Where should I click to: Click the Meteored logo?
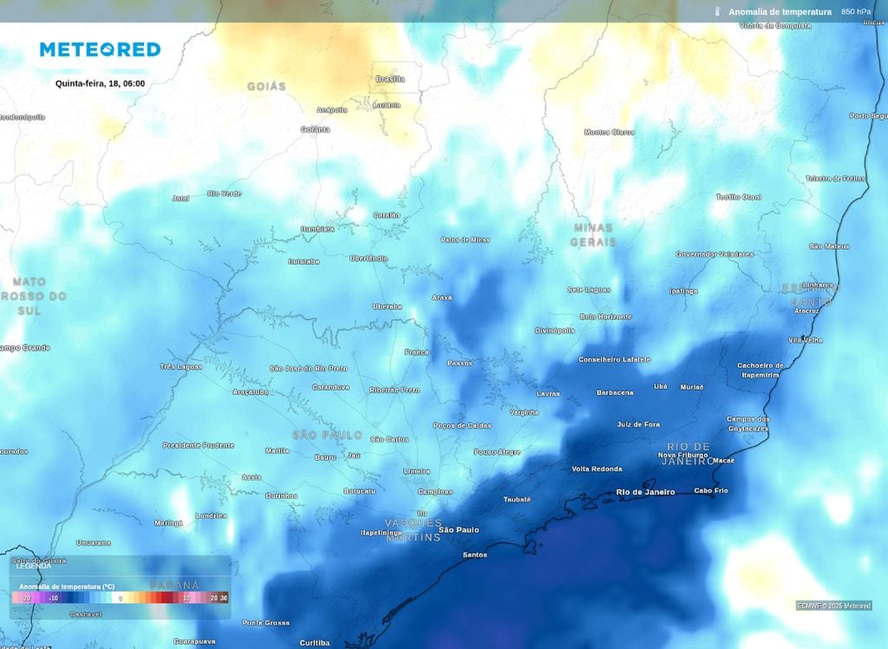[100, 49]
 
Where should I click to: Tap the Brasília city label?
[390, 79]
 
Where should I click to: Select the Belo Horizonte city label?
[605, 317]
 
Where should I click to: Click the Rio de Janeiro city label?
[645, 492]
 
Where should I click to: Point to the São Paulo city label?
[459, 529]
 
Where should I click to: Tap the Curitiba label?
[314, 642]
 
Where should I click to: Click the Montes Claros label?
[609, 132]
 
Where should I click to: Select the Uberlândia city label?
[369, 258]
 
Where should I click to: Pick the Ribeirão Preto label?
[394, 390]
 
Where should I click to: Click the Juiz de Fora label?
[638, 424]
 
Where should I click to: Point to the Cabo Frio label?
[711, 490]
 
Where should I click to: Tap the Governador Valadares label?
[715, 254]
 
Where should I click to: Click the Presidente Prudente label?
[198, 445]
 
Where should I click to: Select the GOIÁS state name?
[266, 87]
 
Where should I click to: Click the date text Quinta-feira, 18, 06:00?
[100, 83]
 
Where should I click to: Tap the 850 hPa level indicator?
[856, 11]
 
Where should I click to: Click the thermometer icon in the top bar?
[718, 11]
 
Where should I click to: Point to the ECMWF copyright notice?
[833, 606]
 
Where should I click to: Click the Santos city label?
[474, 554]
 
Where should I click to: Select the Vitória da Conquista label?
[774, 26]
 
